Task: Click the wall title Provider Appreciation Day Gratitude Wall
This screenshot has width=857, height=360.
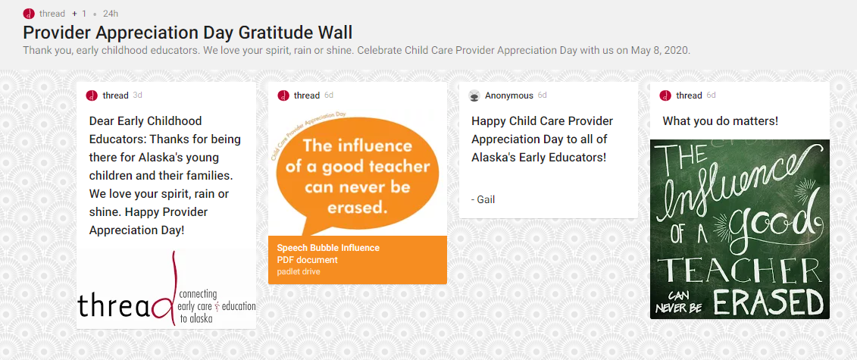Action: [187, 33]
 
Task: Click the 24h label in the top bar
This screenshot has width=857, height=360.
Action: [111, 13]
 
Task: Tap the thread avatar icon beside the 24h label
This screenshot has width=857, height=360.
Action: [29, 13]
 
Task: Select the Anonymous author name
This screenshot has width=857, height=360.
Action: [509, 95]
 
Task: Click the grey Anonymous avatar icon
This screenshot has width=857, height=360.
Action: [474, 95]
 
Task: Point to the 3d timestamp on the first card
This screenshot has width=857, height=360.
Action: [138, 95]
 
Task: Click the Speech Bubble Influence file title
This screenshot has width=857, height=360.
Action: [328, 248]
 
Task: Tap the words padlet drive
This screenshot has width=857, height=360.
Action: [299, 271]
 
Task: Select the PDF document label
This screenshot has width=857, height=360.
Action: [307, 260]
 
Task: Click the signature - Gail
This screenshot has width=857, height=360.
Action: [483, 199]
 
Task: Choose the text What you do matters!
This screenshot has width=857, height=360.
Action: [721, 121]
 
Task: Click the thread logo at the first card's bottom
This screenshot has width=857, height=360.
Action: [167, 299]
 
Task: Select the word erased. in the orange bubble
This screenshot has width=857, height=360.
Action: [358, 208]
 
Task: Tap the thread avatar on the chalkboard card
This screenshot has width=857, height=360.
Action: [665, 95]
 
